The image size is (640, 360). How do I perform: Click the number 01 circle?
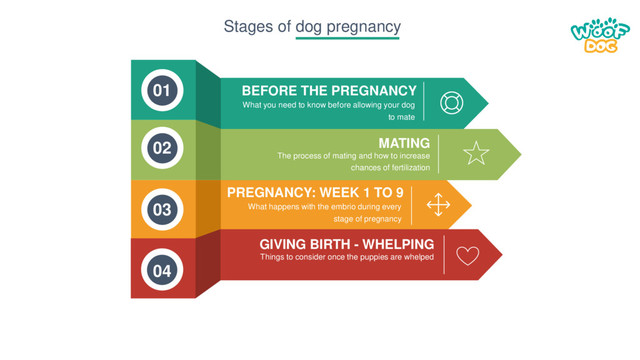coord(162,91)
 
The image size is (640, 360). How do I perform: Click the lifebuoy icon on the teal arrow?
coord(451,103)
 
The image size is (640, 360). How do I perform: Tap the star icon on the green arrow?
coord(476,153)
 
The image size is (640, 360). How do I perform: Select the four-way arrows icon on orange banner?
coord(438,205)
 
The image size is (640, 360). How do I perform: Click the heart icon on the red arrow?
coord(467,255)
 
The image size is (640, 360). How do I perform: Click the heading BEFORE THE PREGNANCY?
coord(329,90)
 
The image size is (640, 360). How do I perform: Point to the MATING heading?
coord(404,142)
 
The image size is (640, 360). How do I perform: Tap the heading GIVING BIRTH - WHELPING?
coord(346,243)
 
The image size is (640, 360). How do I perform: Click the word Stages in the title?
coord(246,26)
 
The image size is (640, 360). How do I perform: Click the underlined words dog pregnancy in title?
coord(347,26)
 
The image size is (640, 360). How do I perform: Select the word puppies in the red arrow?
coord(374,257)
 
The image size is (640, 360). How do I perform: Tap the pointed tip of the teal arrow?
coord(487,103)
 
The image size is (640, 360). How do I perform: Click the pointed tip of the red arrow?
coord(501,254)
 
